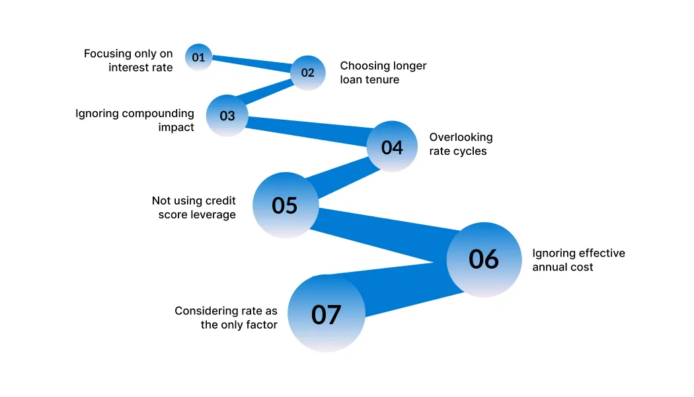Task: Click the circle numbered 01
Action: pos(198,57)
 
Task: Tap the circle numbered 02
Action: pos(307,73)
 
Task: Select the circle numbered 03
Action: pos(227,115)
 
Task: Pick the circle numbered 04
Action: pos(392,146)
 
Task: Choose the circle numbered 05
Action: pos(286,205)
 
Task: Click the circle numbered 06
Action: pos(484,259)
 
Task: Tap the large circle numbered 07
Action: pos(327,314)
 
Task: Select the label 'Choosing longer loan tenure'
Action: pos(383,72)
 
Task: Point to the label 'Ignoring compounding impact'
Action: pos(135,120)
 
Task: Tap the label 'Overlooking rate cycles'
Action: pos(461,144)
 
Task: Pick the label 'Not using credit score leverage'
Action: pos(194,207)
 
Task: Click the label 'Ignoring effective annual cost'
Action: pos(578,259)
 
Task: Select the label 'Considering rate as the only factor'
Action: pos(226,317)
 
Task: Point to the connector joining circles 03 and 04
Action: pos(307,131)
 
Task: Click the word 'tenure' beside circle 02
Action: pos(383,80)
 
